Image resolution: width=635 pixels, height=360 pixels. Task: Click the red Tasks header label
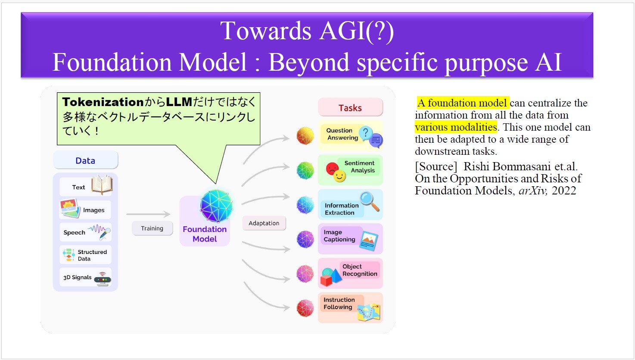[x=350, y=108]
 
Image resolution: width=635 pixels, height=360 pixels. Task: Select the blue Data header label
[x=85, y=161]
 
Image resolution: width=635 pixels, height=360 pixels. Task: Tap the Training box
[x=152, y=229]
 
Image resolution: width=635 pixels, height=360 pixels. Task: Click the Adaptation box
[x=264, y=223]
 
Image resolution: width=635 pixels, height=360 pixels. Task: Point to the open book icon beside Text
[x=102, y=185]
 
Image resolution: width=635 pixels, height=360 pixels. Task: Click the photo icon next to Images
[x=70, y=208]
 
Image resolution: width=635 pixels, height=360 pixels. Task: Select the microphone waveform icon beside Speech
[x=100, y=231]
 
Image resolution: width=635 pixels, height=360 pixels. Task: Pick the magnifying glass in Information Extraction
[x=370, y=201]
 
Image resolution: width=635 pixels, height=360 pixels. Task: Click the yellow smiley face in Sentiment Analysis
[x=340, y=175]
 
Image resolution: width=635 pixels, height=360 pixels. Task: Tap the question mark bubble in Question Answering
[x=366, y=133]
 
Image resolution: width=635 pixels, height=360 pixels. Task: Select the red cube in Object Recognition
[x=326, y=281]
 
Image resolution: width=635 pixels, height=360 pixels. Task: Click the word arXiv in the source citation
[x=532, y=191]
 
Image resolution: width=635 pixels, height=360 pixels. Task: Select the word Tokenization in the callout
[x=103, y=102]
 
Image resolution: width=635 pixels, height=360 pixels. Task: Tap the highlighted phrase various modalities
[x=456, y=127]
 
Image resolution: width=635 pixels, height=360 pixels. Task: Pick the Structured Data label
[x=92, y=255]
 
